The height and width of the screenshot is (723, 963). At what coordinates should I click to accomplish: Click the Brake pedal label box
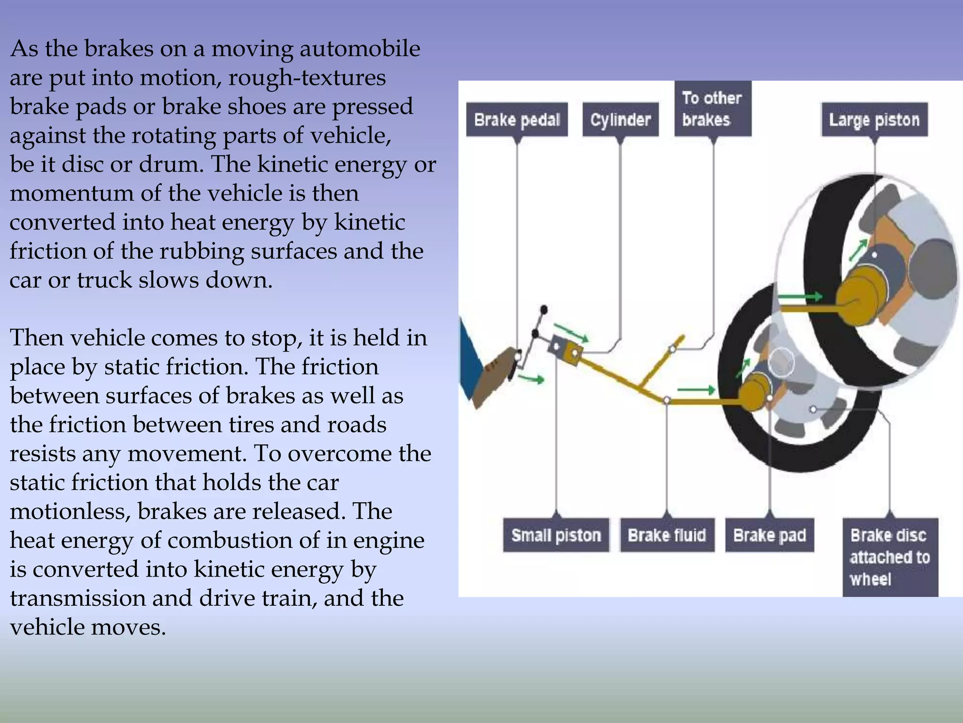(517, 120)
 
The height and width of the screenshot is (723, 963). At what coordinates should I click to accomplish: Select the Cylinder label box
(620, 120)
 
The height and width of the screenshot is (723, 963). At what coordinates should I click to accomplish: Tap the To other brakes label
(712, 109)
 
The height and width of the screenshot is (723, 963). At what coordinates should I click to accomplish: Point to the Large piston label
(874, 120)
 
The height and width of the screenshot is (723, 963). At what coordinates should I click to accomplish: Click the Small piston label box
(556, 535)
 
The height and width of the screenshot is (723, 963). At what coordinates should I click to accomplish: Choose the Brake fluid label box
(667, 535)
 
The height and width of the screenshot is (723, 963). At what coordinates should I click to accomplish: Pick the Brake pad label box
(769, 535)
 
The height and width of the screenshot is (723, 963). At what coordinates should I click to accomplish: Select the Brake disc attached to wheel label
(890, 557)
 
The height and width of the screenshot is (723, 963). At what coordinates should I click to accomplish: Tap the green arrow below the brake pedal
(532, 378)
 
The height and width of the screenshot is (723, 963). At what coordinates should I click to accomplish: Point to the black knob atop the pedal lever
(544, 310)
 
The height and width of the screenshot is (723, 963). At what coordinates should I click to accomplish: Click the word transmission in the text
(78, 598)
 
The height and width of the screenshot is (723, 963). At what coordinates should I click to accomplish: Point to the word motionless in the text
(70, 512)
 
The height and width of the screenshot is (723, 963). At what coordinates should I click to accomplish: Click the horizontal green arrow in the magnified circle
(800, 297)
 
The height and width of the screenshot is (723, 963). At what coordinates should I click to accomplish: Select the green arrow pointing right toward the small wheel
(696, 390)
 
